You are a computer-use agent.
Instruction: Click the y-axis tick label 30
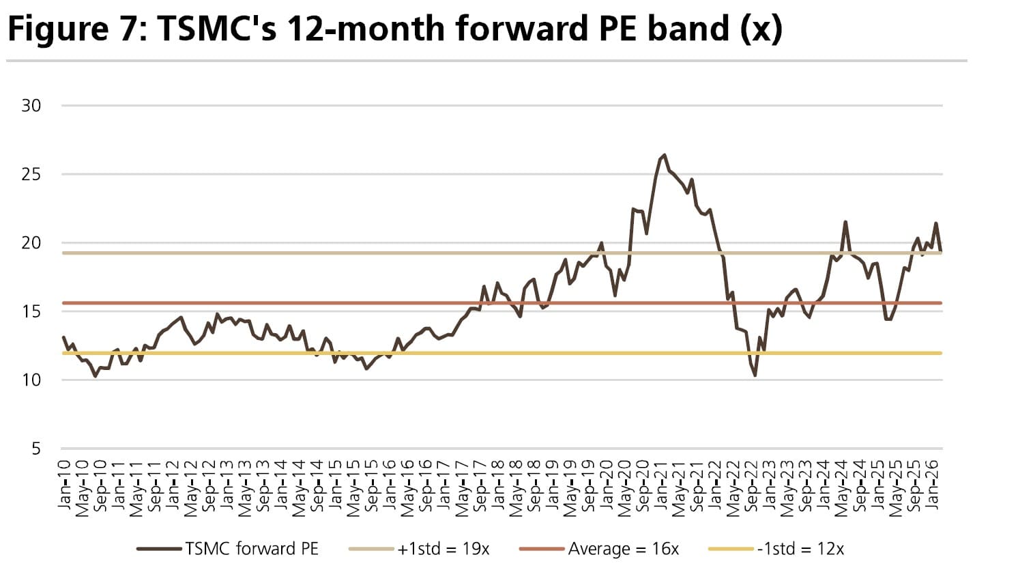(x=31, y=106)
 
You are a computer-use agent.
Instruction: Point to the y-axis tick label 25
(x=31, y=175)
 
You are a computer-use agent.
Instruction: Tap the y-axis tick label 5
(x=36, y=449)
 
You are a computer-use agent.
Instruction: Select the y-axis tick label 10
(x=31, y=380)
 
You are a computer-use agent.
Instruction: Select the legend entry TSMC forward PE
(x=251, y=549)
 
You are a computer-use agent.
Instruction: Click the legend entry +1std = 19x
(x=443, y=549)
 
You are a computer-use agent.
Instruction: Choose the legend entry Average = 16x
(x=623, y=549)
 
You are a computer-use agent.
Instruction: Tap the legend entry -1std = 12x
(x=800, y=549)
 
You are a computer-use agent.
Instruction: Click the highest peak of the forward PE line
(x=665, y=155)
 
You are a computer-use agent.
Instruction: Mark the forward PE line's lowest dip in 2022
(x=755, y=375)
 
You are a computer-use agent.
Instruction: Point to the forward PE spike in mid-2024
(x=845, y=222)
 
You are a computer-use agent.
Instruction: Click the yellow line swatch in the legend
(x=731, y=549)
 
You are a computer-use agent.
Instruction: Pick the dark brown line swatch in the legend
(x=160, y=549)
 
